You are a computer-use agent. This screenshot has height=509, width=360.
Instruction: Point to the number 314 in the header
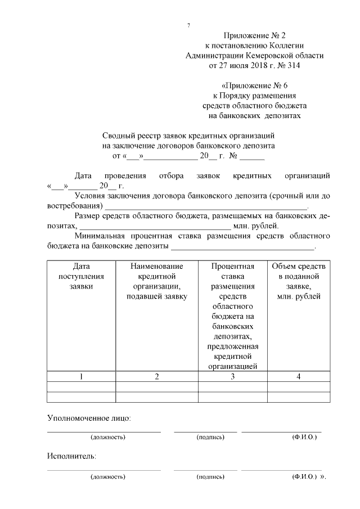[x=292, y=66]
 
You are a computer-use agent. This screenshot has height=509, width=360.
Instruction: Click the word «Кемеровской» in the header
[x=273, y=56]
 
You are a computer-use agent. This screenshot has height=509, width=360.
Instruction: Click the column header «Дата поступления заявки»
[x=81, y=276]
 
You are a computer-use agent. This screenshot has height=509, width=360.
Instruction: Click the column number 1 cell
[x=81, y=377]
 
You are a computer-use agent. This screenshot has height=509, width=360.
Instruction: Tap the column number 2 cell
[x=157, y=377]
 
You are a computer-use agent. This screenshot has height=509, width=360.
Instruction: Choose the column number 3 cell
[x=232, y=377]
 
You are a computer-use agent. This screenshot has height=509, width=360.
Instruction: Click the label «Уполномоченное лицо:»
[x=89, y=418]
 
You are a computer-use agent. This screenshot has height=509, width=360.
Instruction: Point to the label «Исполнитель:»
[x=71, y=456]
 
